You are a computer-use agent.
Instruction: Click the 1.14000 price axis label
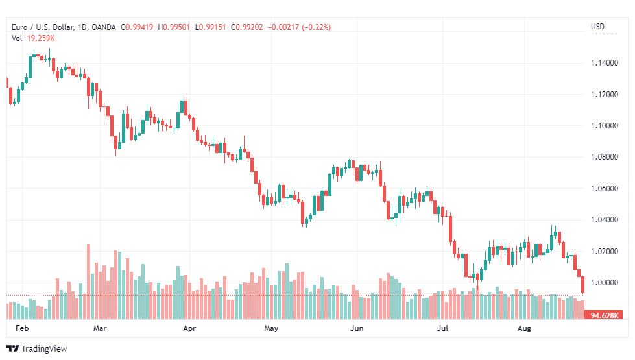point(605,63)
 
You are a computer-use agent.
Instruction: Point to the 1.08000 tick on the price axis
point(605,157)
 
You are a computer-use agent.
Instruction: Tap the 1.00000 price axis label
point(605,283)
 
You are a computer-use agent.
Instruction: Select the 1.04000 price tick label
point(605,220)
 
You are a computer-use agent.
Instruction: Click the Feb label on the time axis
point(22,328)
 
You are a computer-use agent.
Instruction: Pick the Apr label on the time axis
point(189,328)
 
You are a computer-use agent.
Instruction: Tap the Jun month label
point(356,328)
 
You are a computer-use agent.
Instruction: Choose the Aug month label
point(524,328)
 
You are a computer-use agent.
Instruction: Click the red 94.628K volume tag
point(603,315)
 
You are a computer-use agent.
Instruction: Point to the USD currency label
point(597,27)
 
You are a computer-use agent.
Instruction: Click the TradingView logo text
point(43,349)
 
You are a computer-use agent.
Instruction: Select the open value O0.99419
point(137,27)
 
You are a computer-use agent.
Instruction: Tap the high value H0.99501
point(174,27)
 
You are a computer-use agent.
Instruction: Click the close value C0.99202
point(246,27)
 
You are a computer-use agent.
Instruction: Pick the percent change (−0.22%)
point(317,27)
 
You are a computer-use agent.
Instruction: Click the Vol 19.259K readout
point(33,38)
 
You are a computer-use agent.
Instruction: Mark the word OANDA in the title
point(104,27)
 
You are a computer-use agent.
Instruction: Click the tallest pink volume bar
point(89,282)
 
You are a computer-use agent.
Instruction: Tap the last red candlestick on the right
point(582,284)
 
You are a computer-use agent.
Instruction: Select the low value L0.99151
point(210,27)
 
